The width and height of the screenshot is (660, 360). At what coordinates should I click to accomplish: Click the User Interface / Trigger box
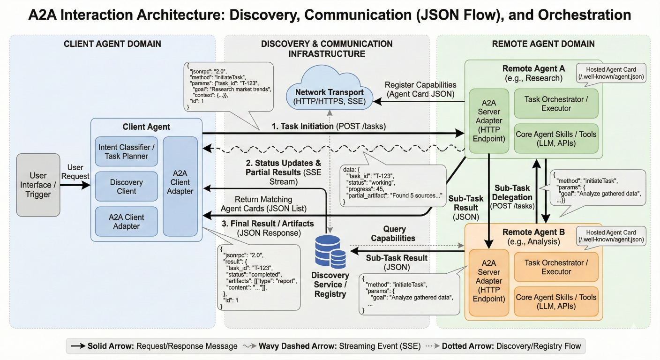coord(38,185)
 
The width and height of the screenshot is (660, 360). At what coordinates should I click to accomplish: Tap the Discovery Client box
coord(127,186)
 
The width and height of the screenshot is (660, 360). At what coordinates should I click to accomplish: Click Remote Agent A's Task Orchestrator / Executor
coord(556,103)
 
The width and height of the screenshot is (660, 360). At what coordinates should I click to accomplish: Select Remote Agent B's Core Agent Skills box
coord(556,301)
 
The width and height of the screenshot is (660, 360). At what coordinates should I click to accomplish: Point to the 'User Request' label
coord(75,172)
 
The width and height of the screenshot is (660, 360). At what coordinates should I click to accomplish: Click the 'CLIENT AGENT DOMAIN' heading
coord(112,44)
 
